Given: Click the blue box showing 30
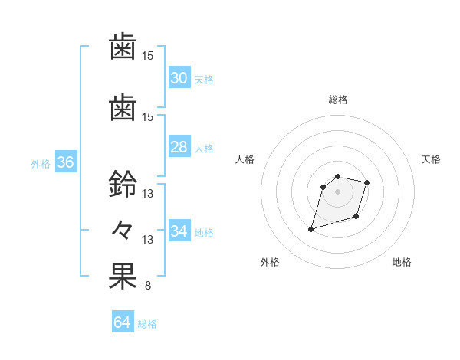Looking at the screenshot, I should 179,78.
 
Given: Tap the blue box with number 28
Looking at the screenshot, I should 179,147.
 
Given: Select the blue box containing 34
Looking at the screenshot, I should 179,231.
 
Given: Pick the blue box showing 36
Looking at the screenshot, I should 65,162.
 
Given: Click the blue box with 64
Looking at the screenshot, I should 123,322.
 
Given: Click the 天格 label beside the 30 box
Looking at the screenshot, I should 204,79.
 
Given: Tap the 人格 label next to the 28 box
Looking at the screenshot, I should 204,148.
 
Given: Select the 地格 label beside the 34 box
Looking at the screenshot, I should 204,232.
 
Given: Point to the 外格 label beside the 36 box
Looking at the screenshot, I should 41,163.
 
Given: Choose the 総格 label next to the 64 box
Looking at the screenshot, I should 147,323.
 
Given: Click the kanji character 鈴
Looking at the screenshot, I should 123,184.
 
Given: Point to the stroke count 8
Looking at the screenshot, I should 147,286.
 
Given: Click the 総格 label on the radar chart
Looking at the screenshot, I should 338,100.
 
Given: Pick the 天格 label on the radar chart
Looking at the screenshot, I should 431,159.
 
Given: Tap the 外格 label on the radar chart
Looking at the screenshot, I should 270,262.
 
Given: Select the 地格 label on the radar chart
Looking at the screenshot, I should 402,262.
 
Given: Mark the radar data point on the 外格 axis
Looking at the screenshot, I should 311,228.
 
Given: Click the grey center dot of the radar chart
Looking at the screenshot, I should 338,191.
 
